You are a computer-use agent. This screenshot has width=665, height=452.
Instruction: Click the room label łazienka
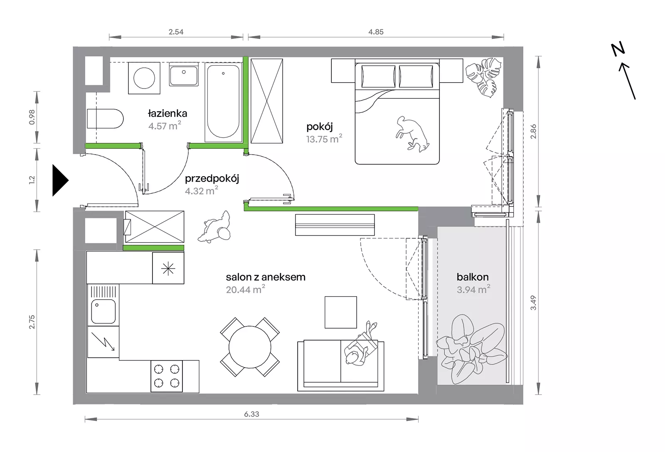point(167,113)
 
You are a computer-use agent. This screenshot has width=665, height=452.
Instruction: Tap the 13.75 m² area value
point(324,139)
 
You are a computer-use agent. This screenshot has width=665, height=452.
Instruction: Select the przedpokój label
point(212,179)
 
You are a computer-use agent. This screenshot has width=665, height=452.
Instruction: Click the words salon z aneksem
point(266,277)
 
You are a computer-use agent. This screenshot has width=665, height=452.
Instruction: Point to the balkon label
point(473,277)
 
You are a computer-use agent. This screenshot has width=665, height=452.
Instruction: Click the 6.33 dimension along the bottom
point(251,414)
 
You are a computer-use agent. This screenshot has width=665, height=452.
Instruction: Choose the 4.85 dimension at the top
point(376,32)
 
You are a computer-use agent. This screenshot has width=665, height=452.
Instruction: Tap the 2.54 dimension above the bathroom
point(176,32)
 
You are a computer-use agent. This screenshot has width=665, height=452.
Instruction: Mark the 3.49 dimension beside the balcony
point(534,303)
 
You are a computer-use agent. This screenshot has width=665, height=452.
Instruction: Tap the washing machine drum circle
point(144,78)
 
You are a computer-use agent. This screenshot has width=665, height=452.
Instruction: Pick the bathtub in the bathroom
point(223,101)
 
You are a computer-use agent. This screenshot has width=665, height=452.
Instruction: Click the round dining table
point(250,347)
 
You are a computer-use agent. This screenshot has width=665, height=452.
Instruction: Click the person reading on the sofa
point(360,344)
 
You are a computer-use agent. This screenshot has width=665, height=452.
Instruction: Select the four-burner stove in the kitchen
point(167,376)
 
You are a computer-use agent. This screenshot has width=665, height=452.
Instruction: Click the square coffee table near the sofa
point(341,312)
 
